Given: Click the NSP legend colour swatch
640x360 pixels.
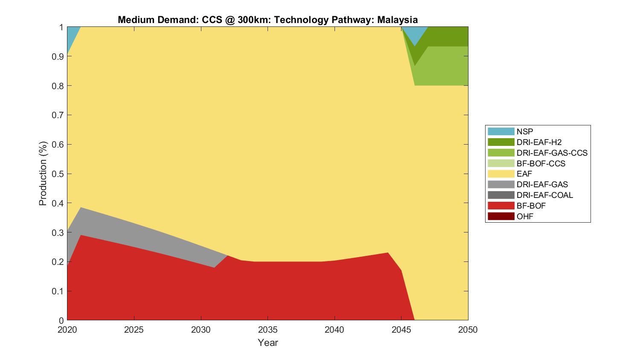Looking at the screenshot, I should [x=501, y=132].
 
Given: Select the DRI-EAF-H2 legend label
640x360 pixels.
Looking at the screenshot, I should [x=539, y=142].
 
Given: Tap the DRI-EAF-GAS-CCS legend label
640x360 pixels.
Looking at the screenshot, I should [x=552, y=153].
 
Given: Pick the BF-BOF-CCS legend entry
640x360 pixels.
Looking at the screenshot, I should [x=541, y=164].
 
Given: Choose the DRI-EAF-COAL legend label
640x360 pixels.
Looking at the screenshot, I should [x=544, y=195].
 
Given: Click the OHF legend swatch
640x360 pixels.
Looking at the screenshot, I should [x=501, y=217].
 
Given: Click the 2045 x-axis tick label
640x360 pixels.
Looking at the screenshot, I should [x=401, y=330].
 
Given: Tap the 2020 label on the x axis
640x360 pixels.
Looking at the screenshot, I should [x=67, y=330].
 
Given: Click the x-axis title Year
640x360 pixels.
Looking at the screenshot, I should [x=268, y=343].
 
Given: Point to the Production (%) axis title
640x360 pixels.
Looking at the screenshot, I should [x=43, y=174].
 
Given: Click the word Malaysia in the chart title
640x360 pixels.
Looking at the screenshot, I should [x=397, y=20].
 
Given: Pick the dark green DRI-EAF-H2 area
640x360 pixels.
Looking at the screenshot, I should [x=448, y=36].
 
